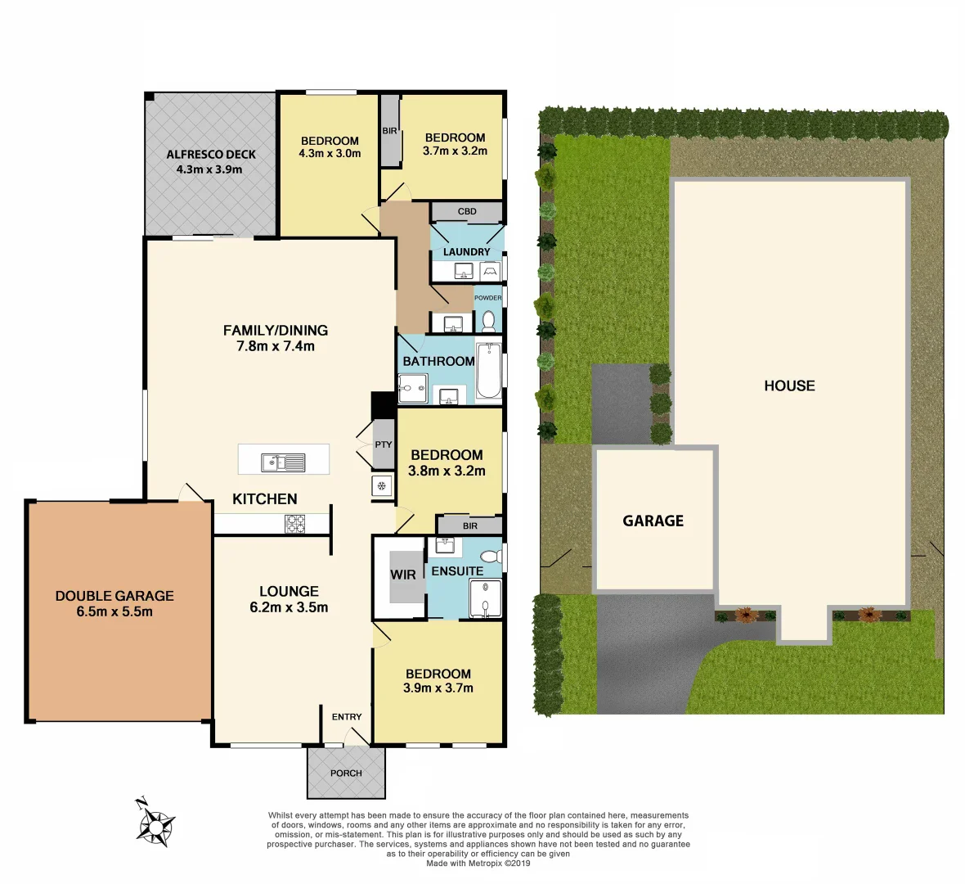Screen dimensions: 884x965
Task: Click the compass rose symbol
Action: point(155,823)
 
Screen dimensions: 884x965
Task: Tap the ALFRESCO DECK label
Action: point(211,154)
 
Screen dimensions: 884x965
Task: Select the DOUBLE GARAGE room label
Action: point(114,596)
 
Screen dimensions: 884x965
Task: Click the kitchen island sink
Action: point(283,462)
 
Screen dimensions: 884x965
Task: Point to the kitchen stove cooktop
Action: point(294,524)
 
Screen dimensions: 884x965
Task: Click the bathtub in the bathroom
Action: point(489,371)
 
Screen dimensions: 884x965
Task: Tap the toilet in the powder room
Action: point(489,320)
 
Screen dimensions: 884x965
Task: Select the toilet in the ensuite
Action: point(490,557)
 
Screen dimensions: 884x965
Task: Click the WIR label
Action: point(402,575)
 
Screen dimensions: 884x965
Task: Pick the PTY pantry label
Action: point(384,444)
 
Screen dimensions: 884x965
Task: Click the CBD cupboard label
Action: point(467,211)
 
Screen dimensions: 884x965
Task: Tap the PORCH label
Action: point(346,773)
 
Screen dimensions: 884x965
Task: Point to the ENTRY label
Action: point(347,717)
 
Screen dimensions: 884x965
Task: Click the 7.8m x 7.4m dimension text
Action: point(276,346)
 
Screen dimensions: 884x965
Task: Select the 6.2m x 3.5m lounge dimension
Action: point(289,607)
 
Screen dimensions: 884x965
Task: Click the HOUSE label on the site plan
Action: point(789,386)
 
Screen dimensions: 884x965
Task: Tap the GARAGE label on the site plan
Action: point(653,521)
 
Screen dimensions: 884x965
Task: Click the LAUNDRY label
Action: point(467,252)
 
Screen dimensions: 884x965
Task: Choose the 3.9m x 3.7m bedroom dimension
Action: point(438,688)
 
